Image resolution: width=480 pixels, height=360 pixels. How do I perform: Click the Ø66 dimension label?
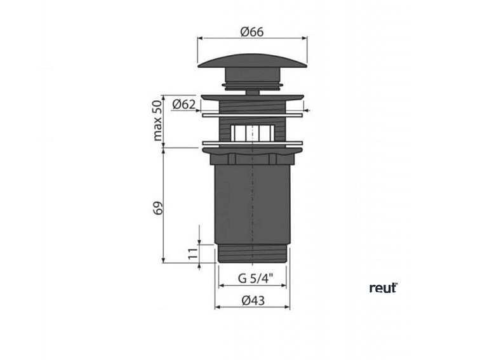click(252, 32)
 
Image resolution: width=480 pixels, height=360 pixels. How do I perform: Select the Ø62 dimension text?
click(183, 105)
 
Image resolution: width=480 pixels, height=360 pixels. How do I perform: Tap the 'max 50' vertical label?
click(157, 121)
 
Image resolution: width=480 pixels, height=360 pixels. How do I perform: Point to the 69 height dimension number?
click(157, 208)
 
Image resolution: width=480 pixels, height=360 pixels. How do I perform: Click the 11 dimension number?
click(193, 253)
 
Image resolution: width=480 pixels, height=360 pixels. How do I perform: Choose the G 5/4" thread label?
click(256, 279)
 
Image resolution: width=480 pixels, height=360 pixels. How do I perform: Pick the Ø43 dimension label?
click(253, 300)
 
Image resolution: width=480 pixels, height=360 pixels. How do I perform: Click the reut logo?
click(383, 288)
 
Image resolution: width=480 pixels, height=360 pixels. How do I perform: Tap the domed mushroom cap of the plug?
click(253, 61)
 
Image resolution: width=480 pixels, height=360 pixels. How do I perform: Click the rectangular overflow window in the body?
click(253, 133)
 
